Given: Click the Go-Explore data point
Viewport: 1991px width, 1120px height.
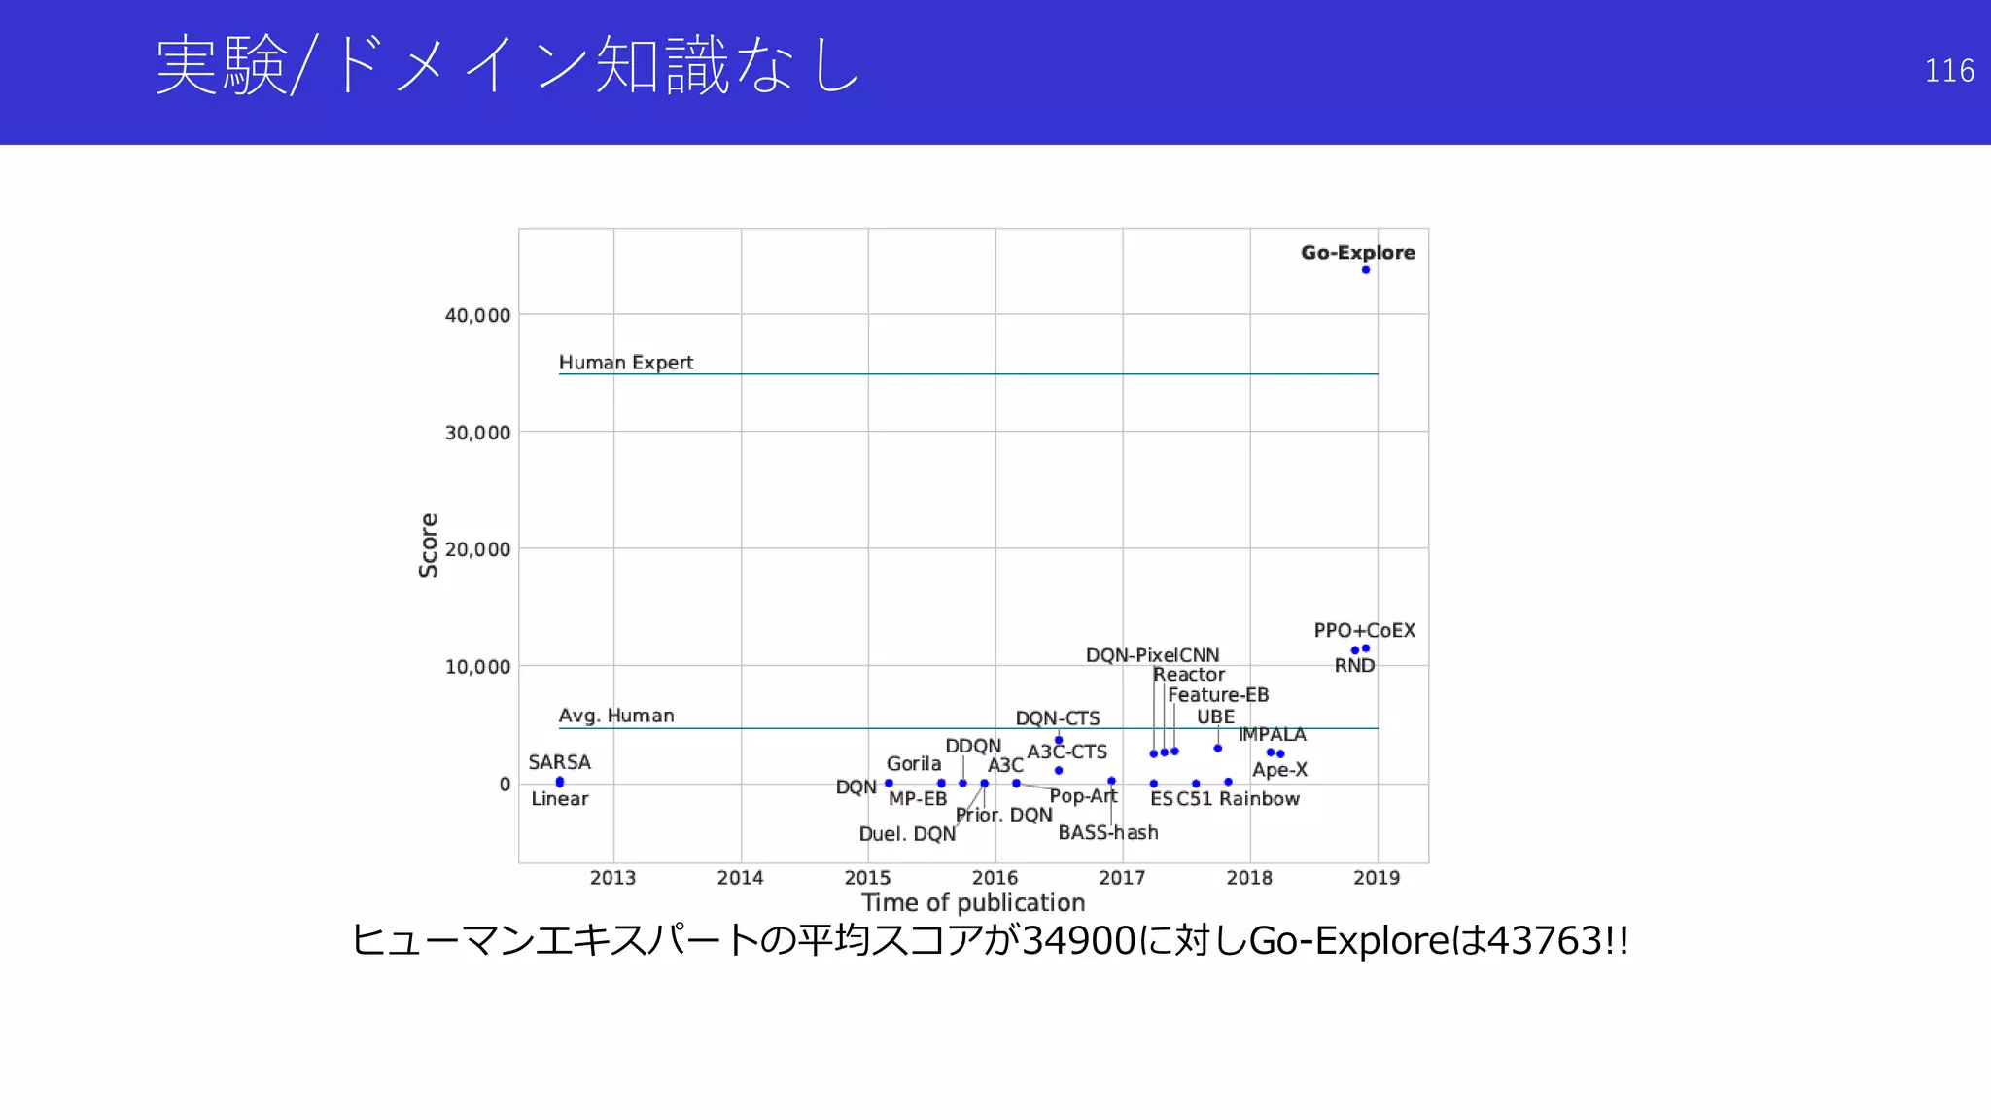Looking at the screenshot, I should click(1366, 270).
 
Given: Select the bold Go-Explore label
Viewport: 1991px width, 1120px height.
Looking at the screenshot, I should click(1357, 252).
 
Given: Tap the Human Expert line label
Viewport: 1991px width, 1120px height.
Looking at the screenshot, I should click(625, 363).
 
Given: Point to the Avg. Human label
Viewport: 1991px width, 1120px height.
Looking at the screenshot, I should click(615, 716).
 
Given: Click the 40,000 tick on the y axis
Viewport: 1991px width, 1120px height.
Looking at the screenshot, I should click(476, 315).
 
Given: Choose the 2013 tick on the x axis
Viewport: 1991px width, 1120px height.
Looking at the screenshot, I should click(612, 878).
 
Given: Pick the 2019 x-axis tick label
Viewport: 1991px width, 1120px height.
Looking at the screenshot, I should click(1377, 878).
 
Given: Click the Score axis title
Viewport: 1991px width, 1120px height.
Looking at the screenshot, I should click(428, 545).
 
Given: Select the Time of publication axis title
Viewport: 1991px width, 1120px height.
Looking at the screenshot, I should click(973, 903).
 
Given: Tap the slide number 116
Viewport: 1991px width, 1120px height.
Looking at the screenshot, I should click(1948, 71).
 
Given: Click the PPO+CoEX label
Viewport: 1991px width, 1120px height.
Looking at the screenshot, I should click(1364, 630).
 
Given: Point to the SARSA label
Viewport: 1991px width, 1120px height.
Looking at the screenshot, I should click(559, 762).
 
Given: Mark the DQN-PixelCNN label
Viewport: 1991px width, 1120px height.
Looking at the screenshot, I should click(1152, 655).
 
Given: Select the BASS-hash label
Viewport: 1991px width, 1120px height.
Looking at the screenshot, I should click(1107, 833).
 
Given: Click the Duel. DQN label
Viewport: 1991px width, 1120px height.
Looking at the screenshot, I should click(907, 834).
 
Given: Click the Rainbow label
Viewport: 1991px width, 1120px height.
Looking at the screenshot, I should click(1259, 799).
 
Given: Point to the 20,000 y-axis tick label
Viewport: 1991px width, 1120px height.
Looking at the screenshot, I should click(476, 549).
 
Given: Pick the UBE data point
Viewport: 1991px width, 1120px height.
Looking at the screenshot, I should click(1217, 748).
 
